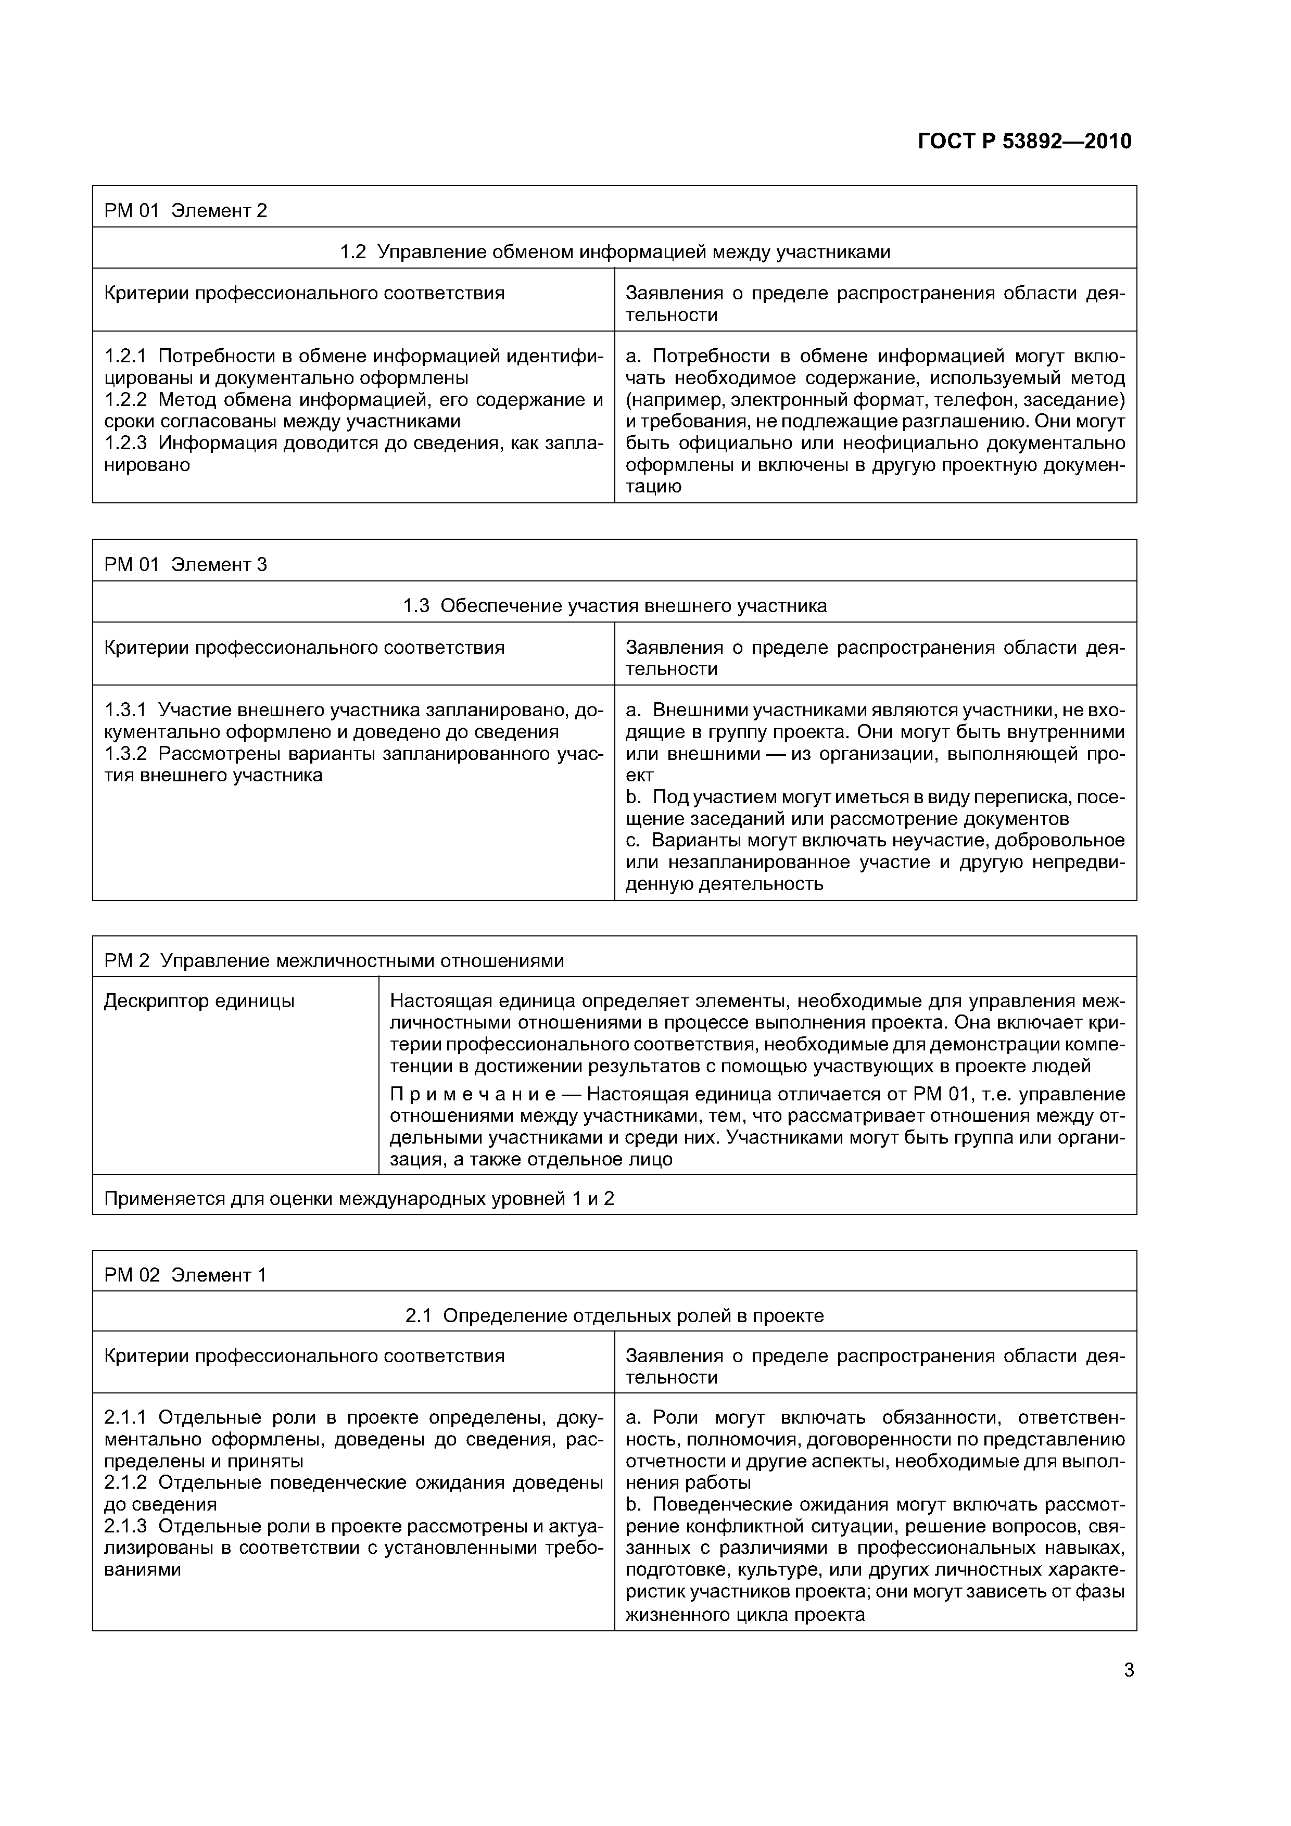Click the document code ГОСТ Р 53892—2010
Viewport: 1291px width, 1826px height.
1024,142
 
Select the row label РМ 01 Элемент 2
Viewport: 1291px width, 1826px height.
185,211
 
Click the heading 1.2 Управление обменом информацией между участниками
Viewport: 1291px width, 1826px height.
614,252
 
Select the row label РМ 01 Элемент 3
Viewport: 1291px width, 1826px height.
185,565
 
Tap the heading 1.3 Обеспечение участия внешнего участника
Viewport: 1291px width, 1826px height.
614,606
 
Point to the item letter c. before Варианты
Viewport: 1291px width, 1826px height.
632,841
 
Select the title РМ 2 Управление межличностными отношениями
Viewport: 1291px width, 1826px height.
334,961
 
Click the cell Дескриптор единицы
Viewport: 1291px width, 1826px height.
199,1001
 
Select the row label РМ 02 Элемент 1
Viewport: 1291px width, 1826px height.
185,1276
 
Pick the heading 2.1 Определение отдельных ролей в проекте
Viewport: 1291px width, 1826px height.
614,1316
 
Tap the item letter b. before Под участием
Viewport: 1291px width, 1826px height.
633,797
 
